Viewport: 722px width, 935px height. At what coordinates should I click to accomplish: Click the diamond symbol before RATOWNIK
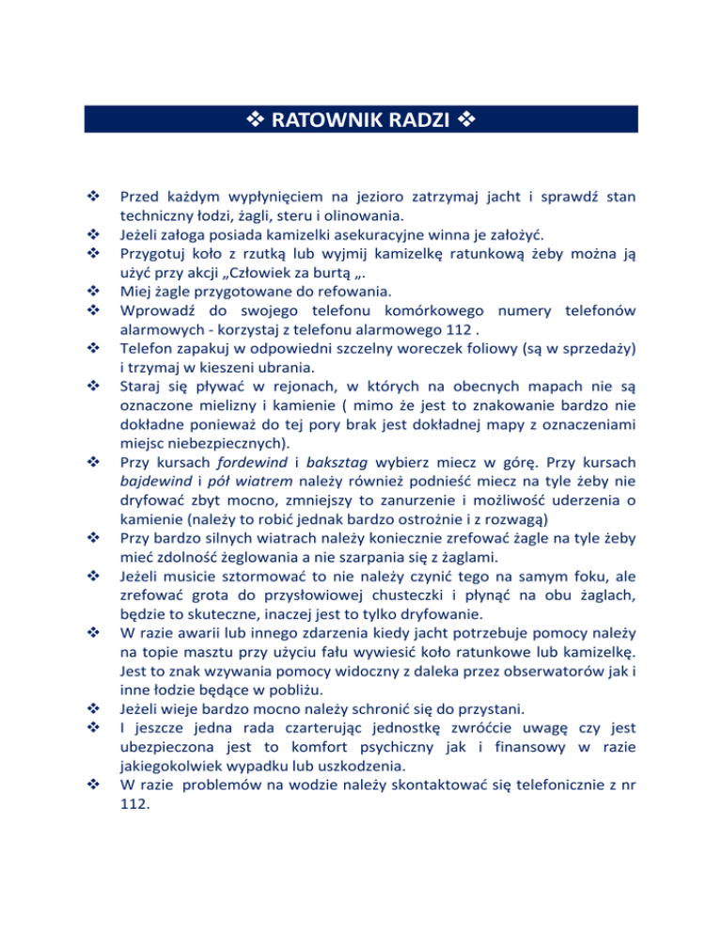[255, 120]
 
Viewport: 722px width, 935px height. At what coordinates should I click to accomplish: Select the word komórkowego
[428, 309]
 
